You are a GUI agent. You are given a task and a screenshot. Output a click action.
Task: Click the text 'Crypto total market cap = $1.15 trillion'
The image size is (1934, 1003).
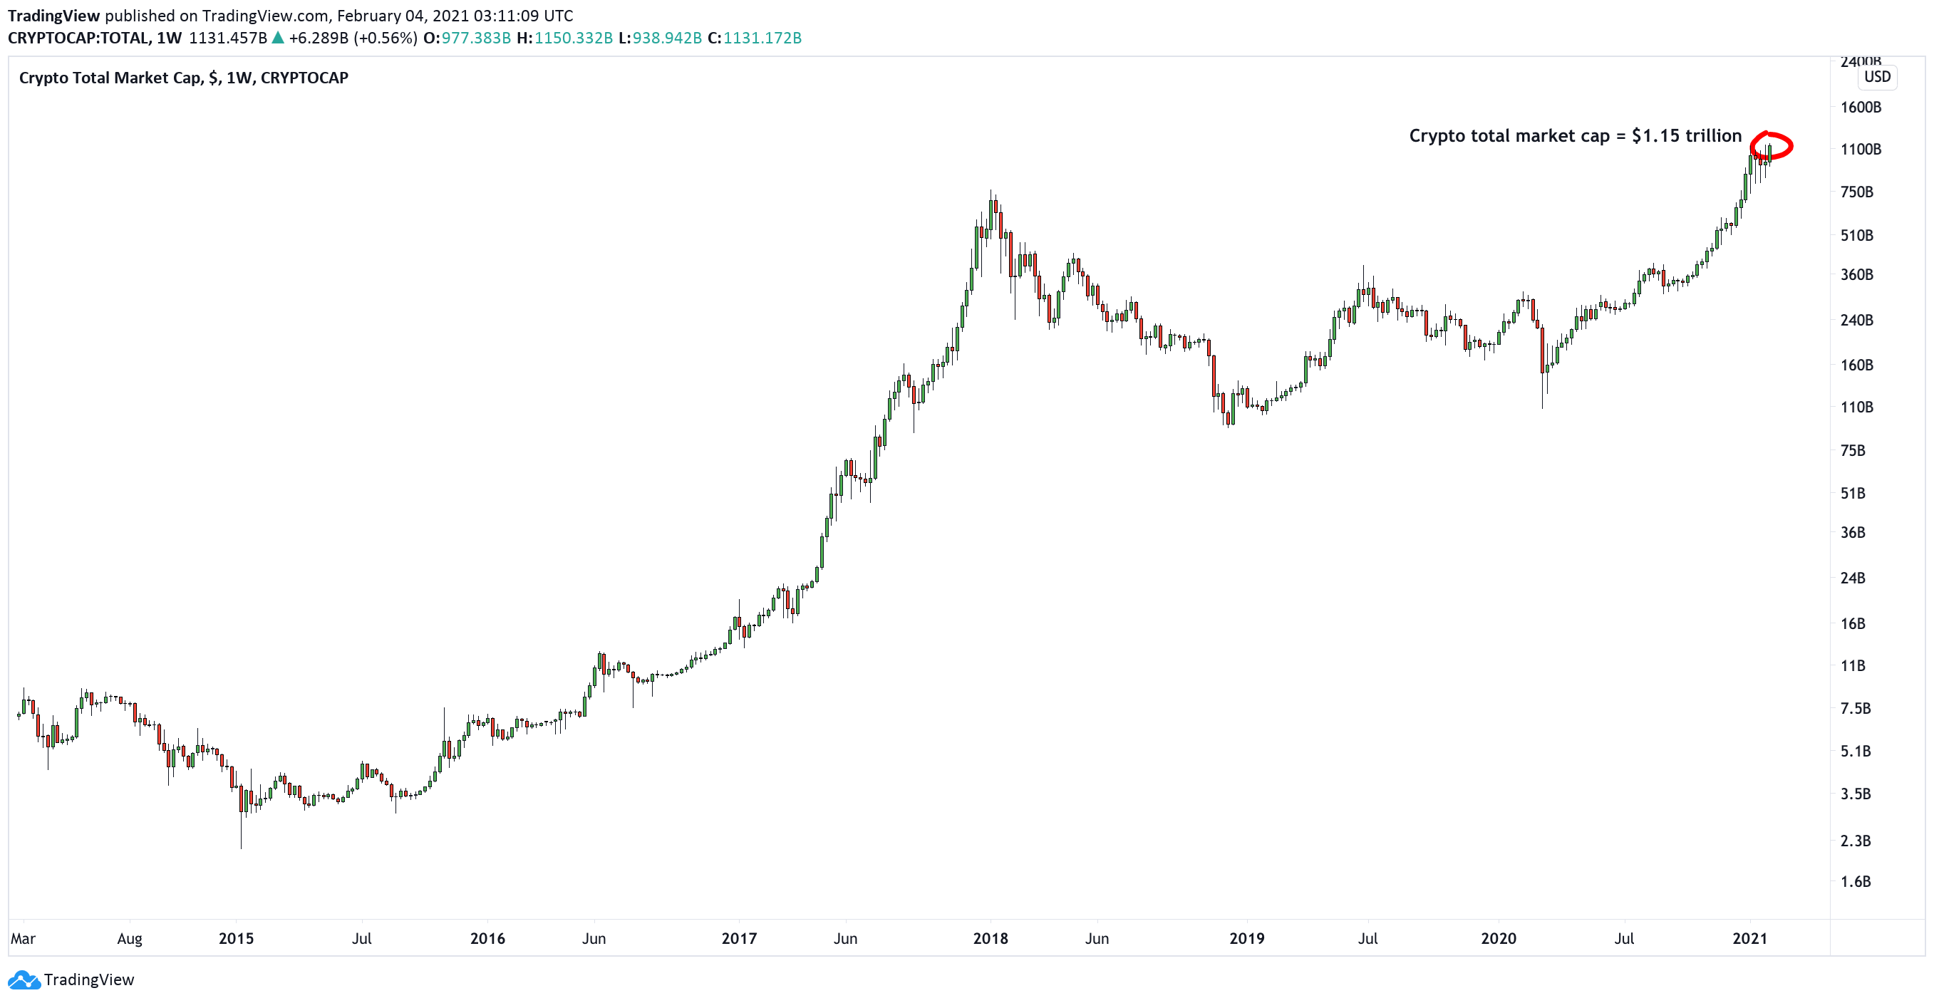[1574, 136]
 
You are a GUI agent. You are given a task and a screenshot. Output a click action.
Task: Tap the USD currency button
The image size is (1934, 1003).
[1877, 76]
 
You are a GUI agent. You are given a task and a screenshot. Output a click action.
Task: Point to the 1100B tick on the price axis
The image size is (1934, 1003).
[1860, 150]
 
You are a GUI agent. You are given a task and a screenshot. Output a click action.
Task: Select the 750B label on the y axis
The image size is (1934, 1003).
[1856, 192]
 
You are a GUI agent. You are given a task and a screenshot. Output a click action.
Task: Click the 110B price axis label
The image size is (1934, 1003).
[1856, 407]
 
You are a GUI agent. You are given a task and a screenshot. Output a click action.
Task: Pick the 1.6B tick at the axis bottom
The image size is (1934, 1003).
[1854, 882]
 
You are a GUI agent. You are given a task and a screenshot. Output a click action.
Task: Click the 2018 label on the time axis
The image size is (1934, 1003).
[990, 939]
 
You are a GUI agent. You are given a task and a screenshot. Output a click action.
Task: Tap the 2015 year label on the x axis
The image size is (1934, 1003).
[236, 939]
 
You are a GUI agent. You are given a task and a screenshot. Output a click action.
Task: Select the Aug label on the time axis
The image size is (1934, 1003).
[129, 939]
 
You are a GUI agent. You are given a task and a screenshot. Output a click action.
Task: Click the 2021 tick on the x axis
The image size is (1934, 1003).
[1749, 939]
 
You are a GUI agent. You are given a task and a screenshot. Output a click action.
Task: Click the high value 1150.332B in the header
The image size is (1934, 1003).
[573, 38]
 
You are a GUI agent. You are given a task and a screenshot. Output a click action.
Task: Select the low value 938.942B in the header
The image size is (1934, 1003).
[667, 38]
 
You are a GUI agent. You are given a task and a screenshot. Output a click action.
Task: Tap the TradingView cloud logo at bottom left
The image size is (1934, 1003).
[24, 979]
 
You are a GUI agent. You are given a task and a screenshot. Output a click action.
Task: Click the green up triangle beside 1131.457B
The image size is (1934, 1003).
[278, 38]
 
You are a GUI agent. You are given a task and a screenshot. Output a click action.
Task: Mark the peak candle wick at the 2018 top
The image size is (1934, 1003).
[991, 194]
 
